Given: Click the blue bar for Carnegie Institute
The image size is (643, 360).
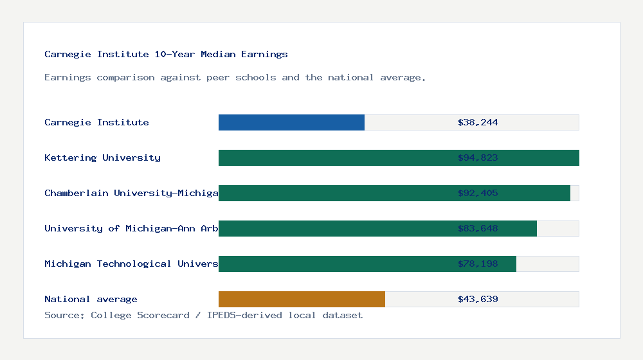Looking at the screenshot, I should [x=291, y=122].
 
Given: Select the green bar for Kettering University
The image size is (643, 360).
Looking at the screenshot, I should [x=334, y=157].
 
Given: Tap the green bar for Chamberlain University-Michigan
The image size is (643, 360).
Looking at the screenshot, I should [x=334, y=193].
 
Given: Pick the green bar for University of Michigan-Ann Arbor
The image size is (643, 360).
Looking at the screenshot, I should [x=334, y=228].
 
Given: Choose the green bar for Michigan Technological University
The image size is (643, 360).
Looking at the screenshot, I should [x=334, y=264].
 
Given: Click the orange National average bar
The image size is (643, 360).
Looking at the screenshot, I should [x=302, y=299].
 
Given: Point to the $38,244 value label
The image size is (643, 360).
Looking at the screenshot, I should [x=478, y=122].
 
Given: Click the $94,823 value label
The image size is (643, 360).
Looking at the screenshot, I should [x=478, y=157].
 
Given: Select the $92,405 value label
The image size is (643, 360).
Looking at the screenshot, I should [x=478, y=193].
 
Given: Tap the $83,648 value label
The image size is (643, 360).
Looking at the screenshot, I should [x=478, y=228].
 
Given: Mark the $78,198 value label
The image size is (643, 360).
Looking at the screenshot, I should [x=478, y=264].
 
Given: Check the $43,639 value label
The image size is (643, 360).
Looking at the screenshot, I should [x=478, y=299].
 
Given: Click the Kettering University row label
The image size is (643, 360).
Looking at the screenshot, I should [x=102, y=157].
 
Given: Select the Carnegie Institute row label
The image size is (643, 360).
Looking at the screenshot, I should [x=96, y=122].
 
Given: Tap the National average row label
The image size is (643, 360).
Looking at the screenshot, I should [x=91, y=299].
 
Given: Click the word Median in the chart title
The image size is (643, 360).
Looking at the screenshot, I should [x=218, y=55].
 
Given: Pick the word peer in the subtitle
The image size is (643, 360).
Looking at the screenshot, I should [x=218, y=78].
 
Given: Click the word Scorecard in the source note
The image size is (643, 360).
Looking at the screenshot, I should [x=163, y=315].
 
